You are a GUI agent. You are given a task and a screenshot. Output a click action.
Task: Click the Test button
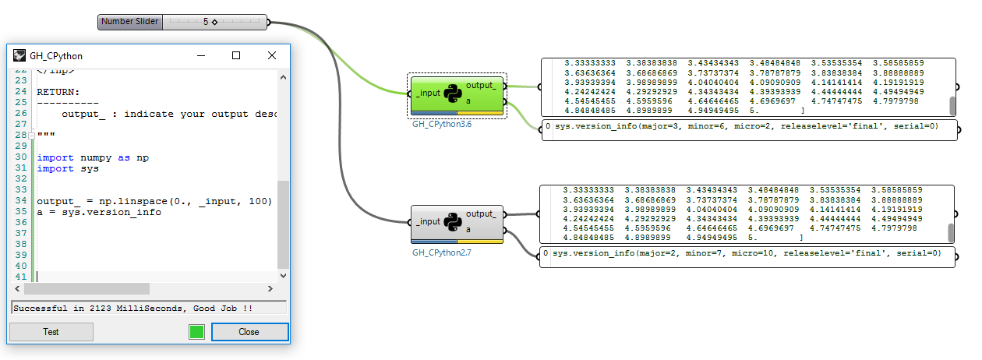pyautogui.click(x=51, y=332)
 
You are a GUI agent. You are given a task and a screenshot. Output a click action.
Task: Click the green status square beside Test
pyautogui.click(x=196, y=332)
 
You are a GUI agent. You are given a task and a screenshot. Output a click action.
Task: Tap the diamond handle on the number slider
pyautogui.click(x=214, y=22)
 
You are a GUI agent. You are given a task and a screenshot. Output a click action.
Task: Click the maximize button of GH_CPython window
pyautogui.click(x=236, y=55)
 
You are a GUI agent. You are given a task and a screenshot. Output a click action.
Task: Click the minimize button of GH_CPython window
pyautogui.click(x=201, y=55)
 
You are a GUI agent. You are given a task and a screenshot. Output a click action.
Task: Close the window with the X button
pyautogui.click(x=272, y=55)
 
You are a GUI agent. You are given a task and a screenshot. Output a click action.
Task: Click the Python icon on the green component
pyautogui.click(x=453, y=94)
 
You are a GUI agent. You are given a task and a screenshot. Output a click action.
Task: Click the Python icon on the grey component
pyautogui.click(x=453, y=221)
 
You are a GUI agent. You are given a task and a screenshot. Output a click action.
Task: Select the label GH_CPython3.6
pyautogui.click(x=442, y=124)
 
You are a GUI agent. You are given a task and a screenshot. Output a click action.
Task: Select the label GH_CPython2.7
pyautogui.click(x=442, y=252)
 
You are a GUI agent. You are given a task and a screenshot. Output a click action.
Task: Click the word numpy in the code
pyautogui.click(x=97, y=158)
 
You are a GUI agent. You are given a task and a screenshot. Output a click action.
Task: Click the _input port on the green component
pyautogui.click(x=428, y=94)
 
